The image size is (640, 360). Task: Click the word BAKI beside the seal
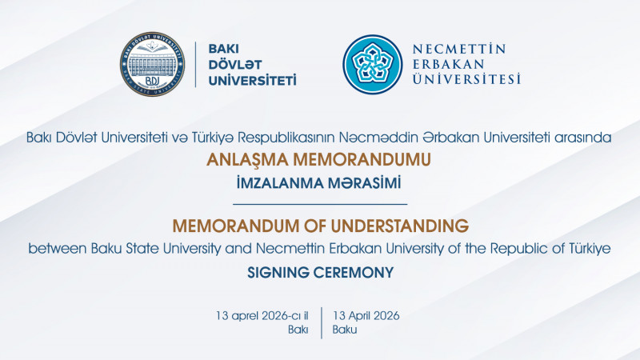(224, 47)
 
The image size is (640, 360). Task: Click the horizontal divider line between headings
(320, 204)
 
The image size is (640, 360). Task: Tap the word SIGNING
(278, 272)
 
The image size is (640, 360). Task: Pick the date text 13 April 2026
(366, 314)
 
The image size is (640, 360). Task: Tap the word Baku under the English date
(345, 330)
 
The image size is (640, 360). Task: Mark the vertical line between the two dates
(321, 322)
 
